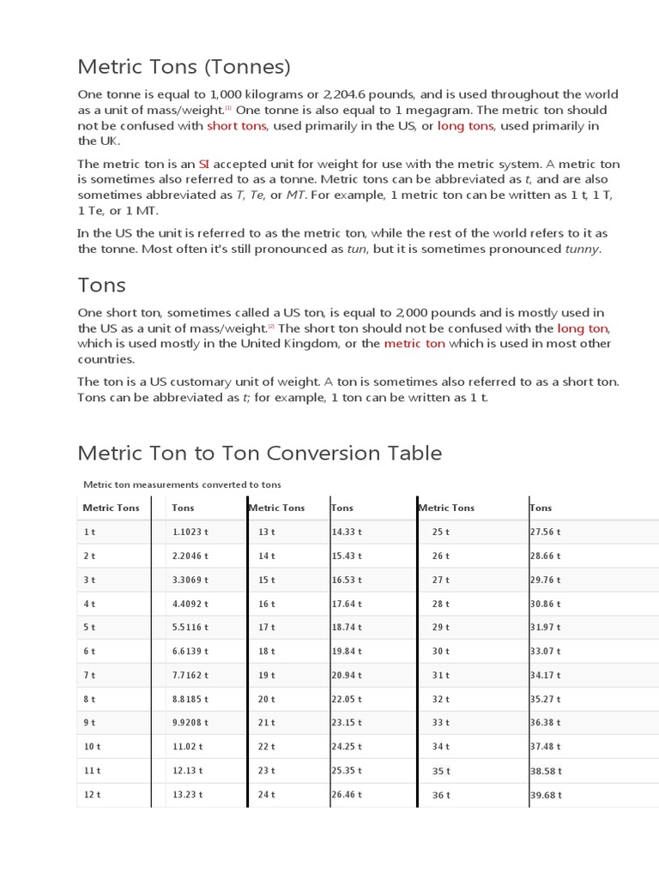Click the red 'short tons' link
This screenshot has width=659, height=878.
pos(237,126)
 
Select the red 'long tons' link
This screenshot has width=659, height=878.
pos(465,126)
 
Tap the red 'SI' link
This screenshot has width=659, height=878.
pos(204,164)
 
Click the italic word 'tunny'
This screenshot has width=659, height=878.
pos(582,249)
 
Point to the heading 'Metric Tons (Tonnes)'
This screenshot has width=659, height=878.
pos(184,66)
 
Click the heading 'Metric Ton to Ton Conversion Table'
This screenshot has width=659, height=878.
pos(259,453)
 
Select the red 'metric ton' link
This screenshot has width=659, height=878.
pos(414,344)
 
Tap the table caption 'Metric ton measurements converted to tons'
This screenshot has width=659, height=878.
pos(182,484)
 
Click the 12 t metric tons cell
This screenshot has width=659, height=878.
pos(92,795)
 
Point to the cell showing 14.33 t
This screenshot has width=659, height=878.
pos(347,532)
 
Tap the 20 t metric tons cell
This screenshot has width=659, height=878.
pos(267,699)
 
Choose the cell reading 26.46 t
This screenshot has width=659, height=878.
pos(347,795)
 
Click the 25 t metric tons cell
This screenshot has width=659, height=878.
pos(441,532)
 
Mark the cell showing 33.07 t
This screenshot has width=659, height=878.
pos(546,652)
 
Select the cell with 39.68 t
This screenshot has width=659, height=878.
pos(546,795)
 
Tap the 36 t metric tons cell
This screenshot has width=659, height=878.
pos(441,795)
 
